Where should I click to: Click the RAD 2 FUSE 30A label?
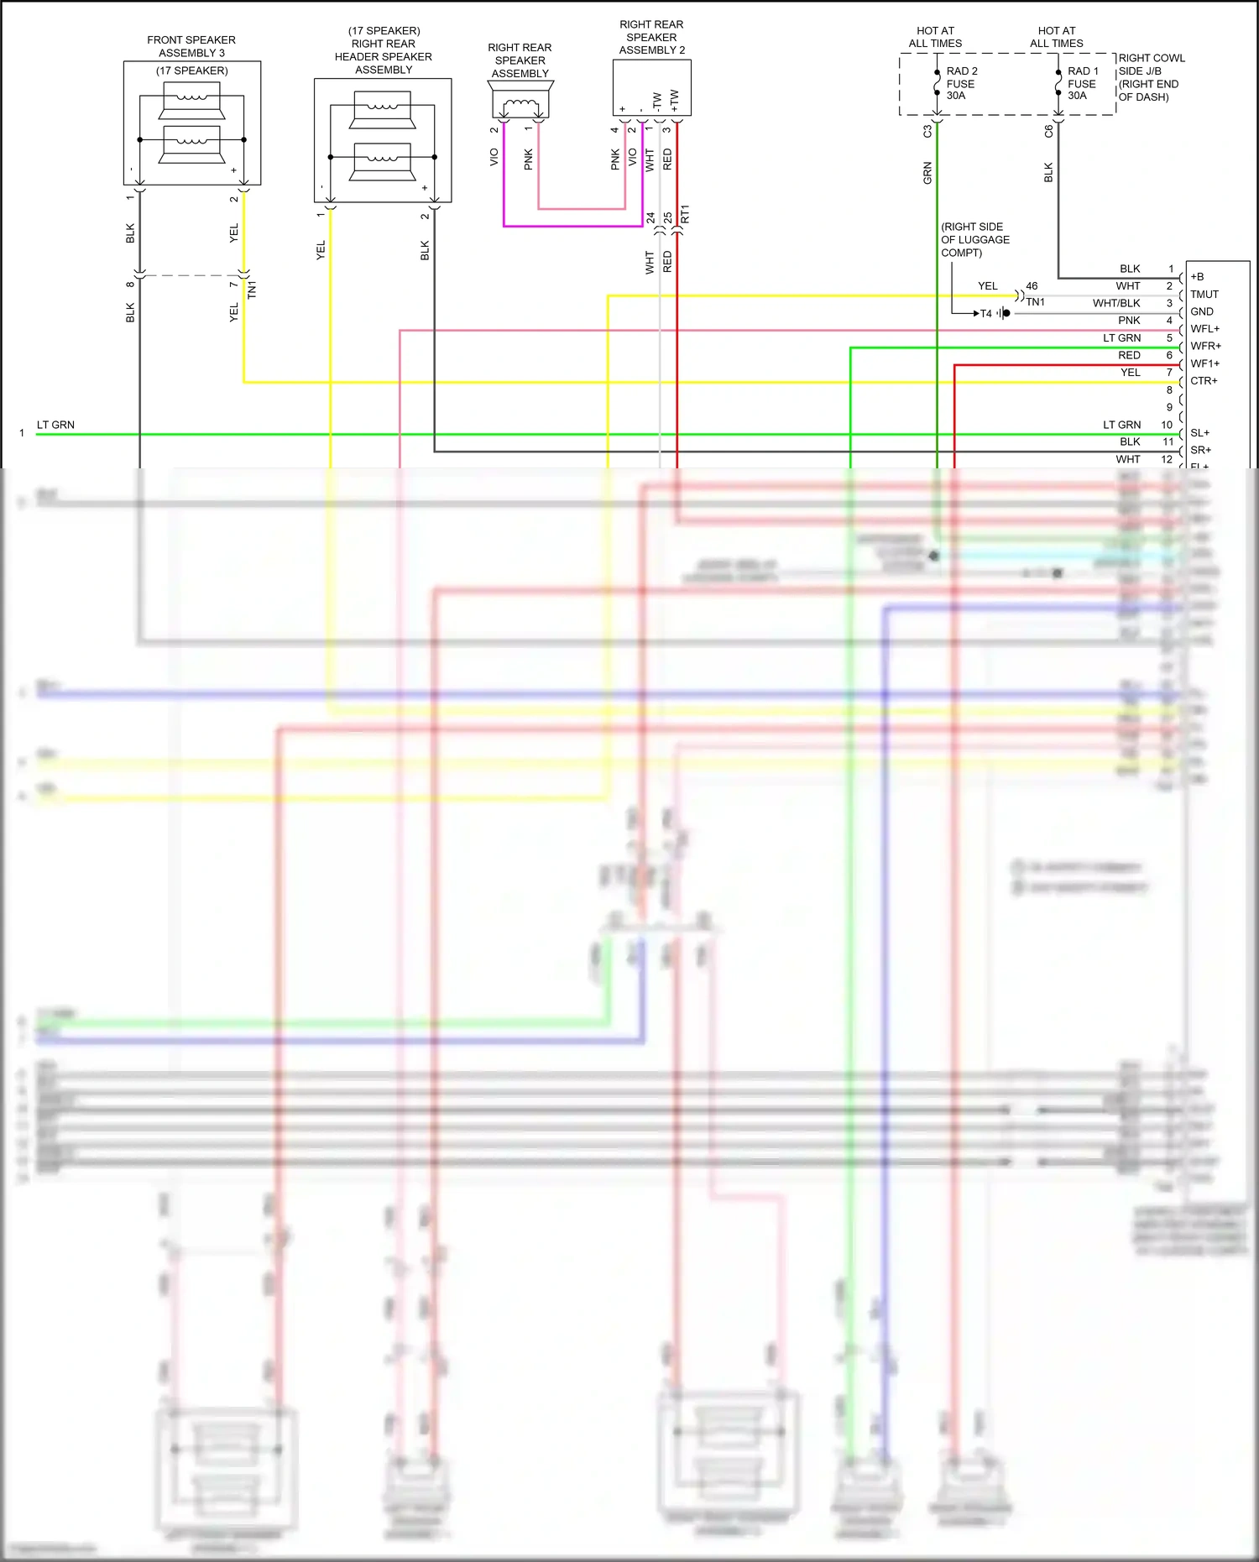pos(961,84)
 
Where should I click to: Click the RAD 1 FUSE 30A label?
pos(1082,84)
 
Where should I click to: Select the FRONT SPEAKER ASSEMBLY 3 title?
pos(191,46)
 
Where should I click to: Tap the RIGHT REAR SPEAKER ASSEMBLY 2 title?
pos(651,38)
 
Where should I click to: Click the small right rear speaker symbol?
pos(520,104)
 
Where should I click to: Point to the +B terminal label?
pos(1197,277)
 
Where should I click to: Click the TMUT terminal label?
pos(1204,295)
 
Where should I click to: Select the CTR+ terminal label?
pos(1204,381)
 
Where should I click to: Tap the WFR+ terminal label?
pos(1205,346)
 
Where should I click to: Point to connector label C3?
pos(927,132)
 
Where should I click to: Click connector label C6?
pos(1048,132)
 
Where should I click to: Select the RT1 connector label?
pos(685,214)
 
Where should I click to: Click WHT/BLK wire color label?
pos(1116,303)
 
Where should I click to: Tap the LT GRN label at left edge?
pos(55,425)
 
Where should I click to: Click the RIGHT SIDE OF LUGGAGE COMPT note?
pos(974,239)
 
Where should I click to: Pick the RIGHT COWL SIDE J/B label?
pos(1151,77)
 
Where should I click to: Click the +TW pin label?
pos(675,101)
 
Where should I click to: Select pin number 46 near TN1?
pos(1032,286)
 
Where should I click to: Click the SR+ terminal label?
pos(1200,450)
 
